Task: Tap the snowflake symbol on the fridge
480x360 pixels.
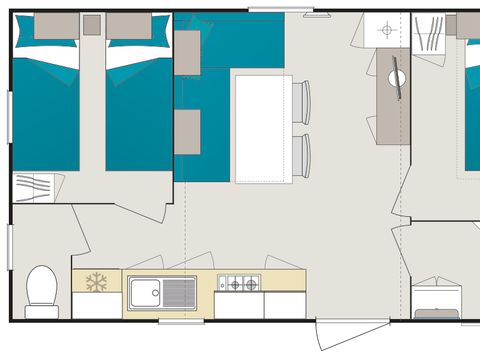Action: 96,283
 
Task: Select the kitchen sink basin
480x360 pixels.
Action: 146,293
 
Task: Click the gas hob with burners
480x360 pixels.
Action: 240,284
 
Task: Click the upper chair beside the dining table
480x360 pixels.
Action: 301,102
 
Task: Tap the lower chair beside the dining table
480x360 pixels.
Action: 301,156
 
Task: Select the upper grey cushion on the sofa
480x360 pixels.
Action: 187,52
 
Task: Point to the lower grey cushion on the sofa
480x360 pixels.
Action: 187,132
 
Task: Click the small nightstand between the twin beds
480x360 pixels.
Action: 92,26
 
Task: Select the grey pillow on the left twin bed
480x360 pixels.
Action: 56,26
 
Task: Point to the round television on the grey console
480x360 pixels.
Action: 397,76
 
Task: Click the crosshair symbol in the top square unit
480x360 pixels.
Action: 387,30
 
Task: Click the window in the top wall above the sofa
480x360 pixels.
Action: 267,10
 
